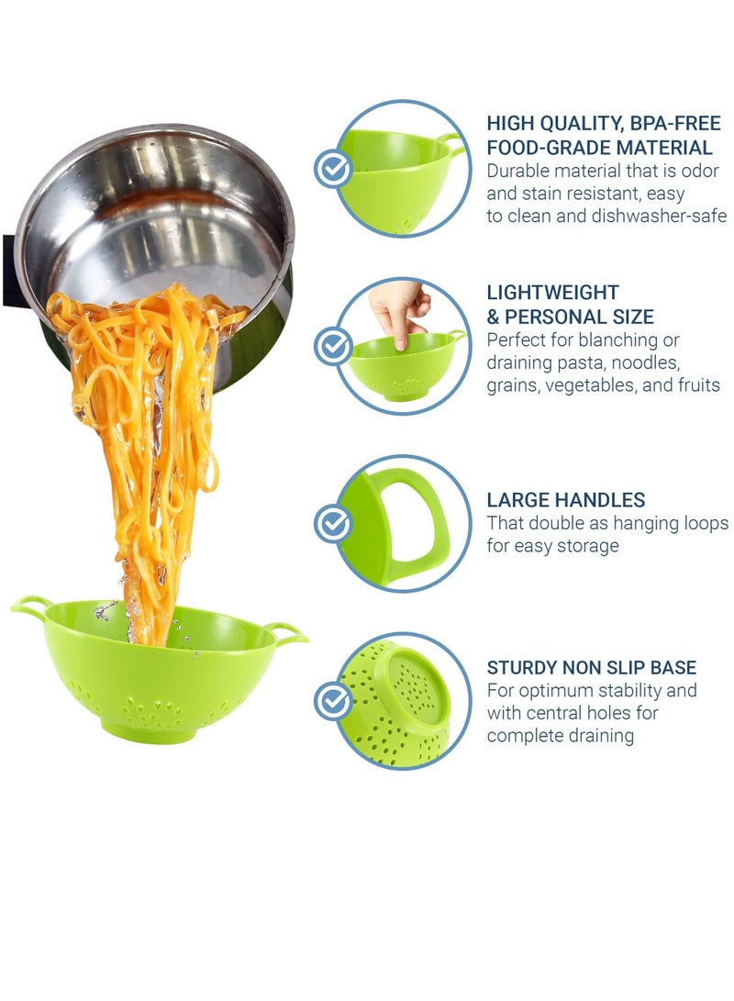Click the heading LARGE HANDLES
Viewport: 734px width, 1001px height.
coord(565,500)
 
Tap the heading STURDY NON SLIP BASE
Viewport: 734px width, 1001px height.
coord(591,667)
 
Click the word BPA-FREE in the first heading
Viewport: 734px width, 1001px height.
coord(644,123)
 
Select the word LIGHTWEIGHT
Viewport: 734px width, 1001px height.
coord(552,293)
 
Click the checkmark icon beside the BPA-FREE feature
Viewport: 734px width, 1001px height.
coord(332,169)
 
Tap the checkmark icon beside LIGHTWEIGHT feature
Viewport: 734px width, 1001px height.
coord(332,345)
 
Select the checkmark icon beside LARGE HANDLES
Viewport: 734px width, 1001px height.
coord(332,523)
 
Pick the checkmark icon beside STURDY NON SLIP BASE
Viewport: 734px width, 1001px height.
coord(332,701)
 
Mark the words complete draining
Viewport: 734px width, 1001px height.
coord(560,736)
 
